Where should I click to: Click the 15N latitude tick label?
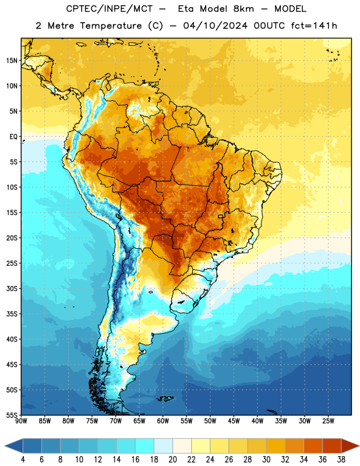point(12,61)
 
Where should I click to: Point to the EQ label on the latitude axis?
point(13,137)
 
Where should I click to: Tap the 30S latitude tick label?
point(12,288)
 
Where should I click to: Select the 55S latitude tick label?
point(12,415)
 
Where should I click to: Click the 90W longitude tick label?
point(21,421)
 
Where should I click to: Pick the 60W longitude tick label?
point(163,421)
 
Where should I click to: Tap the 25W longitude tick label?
point(328,421)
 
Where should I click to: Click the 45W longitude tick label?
point(234,421)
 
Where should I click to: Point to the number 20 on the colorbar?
point(172,460)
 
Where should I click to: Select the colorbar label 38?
point(341,460)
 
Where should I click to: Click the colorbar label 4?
point(23,460)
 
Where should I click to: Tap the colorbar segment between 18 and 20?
point(163,446)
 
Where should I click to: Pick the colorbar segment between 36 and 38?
point(332,446)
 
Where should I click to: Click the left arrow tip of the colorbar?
point(5,446)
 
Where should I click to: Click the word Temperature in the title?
point(111,26)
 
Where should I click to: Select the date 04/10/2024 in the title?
point(215,26)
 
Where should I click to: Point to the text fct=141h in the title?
point(314,26)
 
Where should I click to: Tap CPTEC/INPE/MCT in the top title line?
point(109,9)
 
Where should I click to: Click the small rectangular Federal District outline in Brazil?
point(221,216)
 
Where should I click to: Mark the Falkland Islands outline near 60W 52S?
point(165,398)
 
